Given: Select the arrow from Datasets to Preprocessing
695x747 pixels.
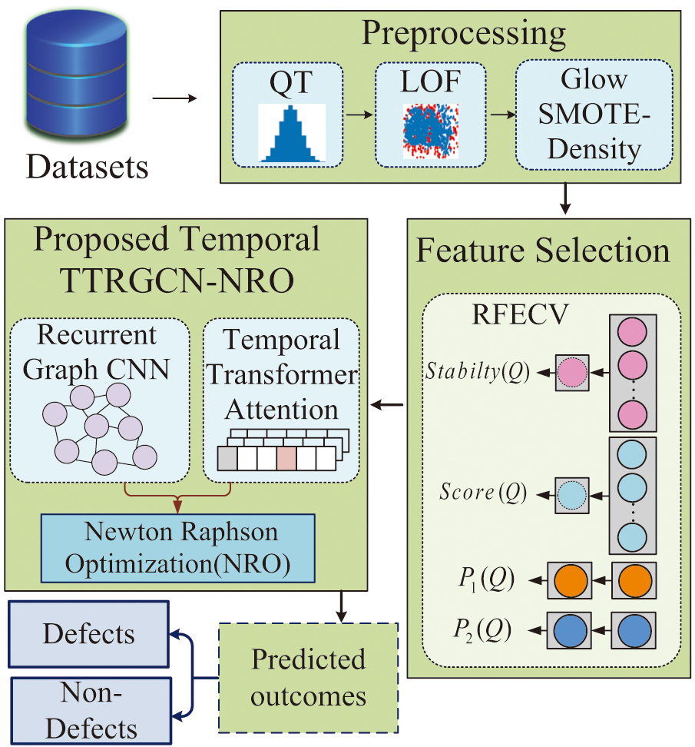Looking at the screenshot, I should click(174, 98).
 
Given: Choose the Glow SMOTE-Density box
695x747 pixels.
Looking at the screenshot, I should click(594, 115).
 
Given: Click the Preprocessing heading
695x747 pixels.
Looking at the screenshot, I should click(463, 35).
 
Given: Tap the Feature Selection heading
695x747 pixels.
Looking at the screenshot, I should click(543, 251).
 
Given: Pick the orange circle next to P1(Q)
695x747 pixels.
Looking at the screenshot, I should click(569, 579).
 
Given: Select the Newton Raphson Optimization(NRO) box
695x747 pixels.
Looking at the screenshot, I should click(177, 547).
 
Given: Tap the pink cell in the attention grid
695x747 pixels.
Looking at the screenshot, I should click(286, 459).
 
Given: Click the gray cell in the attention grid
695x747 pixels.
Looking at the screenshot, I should click(228, 459).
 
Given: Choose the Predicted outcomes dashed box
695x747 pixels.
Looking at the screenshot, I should click(309, 677).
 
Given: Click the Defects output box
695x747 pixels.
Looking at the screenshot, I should click(89, 634).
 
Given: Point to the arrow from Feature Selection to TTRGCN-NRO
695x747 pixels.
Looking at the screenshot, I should click(389, 404).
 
